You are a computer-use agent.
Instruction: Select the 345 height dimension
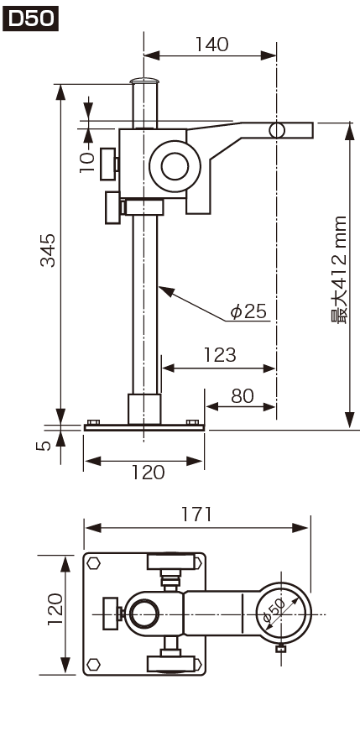[50, 250]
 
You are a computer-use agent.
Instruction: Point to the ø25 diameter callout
[248, 312]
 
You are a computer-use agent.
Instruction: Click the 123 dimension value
[220, 355]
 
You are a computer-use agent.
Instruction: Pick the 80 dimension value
[243, 395]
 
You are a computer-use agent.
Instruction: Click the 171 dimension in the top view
[196, 515]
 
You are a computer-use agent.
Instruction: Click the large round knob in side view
[175, 165]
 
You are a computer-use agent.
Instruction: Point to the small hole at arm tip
[278, 130]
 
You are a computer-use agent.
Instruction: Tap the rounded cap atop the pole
[145, 82]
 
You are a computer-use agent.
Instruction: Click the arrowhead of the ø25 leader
[161, 287]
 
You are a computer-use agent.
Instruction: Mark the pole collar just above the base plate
[143, 409]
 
